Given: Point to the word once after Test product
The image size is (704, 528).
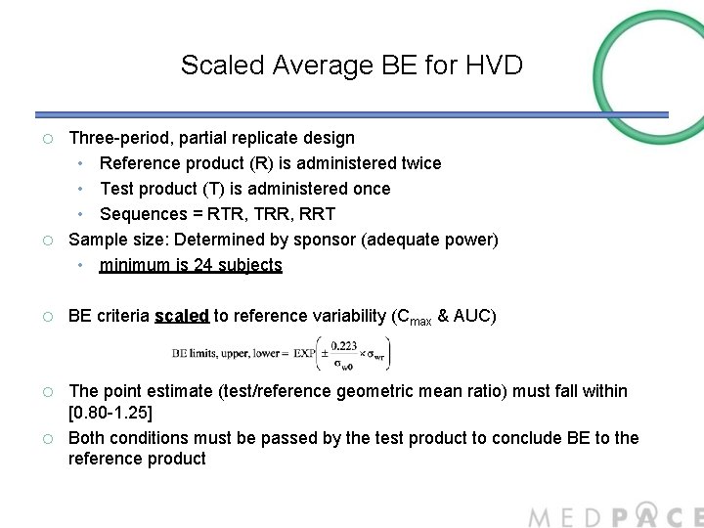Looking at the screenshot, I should [x=369, y=189].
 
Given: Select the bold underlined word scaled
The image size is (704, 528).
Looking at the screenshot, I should [x=181, y=316].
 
